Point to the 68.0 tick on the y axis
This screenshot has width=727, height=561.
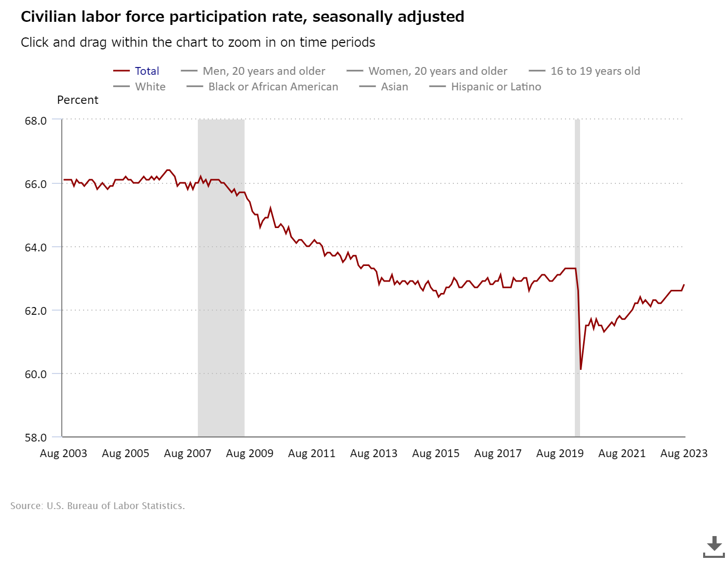point(36,121)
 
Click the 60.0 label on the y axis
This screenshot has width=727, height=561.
point(36,374)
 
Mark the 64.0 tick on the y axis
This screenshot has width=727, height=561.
point(36,247)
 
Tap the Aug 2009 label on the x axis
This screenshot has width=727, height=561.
point(249,453)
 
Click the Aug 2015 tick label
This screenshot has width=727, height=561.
point(436,453)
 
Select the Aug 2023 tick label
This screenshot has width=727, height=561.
point(683,453)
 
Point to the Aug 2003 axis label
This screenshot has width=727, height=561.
point(63,453)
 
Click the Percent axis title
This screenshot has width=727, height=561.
point(77,100)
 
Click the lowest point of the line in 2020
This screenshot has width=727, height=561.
point(581,369)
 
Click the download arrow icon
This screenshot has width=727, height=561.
point(714,545)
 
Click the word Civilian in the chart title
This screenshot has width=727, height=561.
point(48,17)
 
